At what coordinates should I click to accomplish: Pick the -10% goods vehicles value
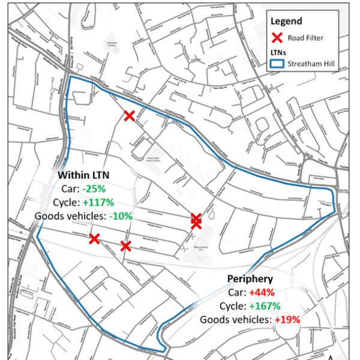pos(121,216)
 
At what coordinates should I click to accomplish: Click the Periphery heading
pos(250,279)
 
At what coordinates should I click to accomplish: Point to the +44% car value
pos(262,293)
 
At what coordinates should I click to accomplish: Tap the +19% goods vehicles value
pos(287,320)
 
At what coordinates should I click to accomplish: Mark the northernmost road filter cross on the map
pos(129,116)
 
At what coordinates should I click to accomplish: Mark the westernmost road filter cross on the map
pos(94,239)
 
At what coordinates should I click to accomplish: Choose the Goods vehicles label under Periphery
pos(236,320)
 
